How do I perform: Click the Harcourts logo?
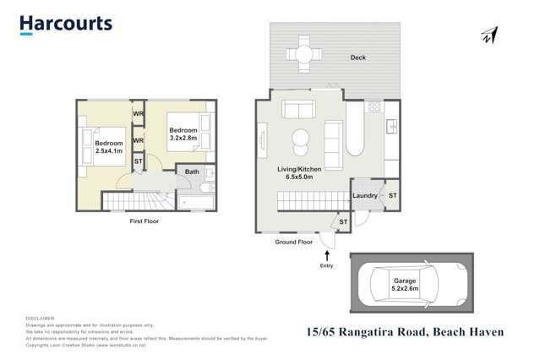[x=66, y=24]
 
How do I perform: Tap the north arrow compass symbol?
[x=488, y=35]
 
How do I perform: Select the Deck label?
[x=358, y=58]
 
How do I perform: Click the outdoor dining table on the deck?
[x=303, y=53]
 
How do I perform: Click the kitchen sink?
[x=391, y=127]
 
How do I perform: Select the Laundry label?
[x=364, y=196]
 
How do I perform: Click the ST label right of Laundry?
[x=392, y=196]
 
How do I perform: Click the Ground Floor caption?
[x=293, y=243]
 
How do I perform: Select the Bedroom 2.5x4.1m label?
[x=102, y=147]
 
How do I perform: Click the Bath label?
[x=192, y=172]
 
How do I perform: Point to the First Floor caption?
[x=144, y=221]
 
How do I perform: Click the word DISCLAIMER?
[x=41, y=318]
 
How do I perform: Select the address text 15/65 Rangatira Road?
[x=365, y=332]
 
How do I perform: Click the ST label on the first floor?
[x=139, y=161]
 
